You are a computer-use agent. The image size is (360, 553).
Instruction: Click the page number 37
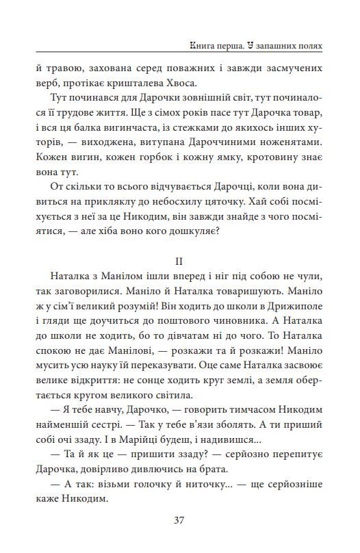tap(179, 519)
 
